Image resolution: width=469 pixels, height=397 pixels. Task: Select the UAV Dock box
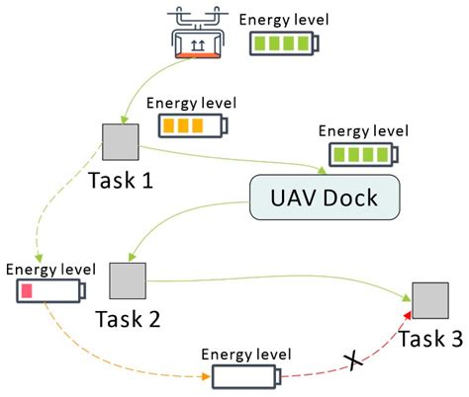pyautogui.click(x=326, y=198)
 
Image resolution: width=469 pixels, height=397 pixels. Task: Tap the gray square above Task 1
pyautogui.click(x=120, y=142)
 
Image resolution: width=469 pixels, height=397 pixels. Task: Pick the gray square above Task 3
pyautogui.click(x=429, y=300)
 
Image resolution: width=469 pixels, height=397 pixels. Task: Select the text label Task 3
pyautogui.click(x=430, y=339)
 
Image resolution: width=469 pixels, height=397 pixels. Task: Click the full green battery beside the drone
pyautogui.click(x=286, y=43)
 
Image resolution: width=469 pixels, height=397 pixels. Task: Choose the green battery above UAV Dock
pyautogui.click(x=360, y=154)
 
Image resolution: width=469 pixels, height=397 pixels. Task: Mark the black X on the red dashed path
pyautogui.click(x=349, y=360)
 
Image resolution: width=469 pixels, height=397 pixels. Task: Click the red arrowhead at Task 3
pyautogui.click(x=406, y=314)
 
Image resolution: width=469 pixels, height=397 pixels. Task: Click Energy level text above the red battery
pyautogui.click(x=50, y=268)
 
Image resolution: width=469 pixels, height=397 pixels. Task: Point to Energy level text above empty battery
pyautogui.click(x=246, y=354)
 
